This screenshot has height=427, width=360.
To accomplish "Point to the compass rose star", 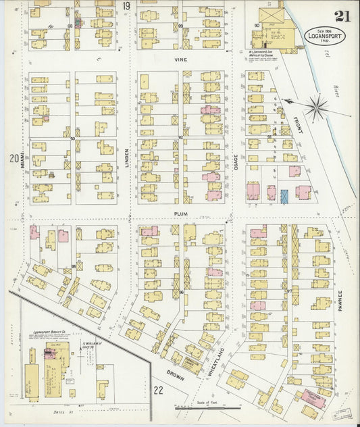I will coord(316,106).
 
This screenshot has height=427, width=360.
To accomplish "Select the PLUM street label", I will coord(180,213).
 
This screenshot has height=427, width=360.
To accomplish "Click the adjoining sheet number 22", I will coord(158,390).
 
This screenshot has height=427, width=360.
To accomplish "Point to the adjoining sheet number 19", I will coord(126,6).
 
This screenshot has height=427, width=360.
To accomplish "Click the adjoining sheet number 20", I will coord(13,159).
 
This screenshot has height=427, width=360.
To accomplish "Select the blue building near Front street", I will coord(284,196).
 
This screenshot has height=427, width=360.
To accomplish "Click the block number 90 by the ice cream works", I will coord(257,26).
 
